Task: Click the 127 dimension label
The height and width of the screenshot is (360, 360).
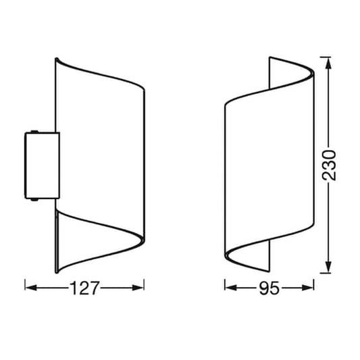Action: coord(84,288)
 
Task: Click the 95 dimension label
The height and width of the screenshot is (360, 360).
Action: coord(269,288)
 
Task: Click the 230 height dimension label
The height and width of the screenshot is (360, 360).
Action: coord(329,165)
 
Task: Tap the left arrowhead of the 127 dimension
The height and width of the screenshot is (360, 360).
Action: coord(31,288)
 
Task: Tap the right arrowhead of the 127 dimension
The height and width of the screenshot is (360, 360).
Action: coord(138,288)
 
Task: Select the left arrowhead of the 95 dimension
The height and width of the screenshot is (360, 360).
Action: coord(231,288)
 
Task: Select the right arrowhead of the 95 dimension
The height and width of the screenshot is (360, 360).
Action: coord(308,288)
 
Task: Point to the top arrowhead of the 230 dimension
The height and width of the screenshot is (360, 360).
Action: coord(328,63)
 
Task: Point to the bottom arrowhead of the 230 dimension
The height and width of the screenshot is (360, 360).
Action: coord(328,267)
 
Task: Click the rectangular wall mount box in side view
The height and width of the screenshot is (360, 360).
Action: coord(43,165)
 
